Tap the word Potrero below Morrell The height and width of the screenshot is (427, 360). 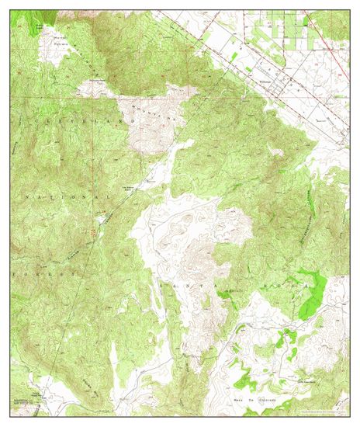click(61, 44)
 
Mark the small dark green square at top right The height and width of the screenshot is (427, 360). click(306, 24)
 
